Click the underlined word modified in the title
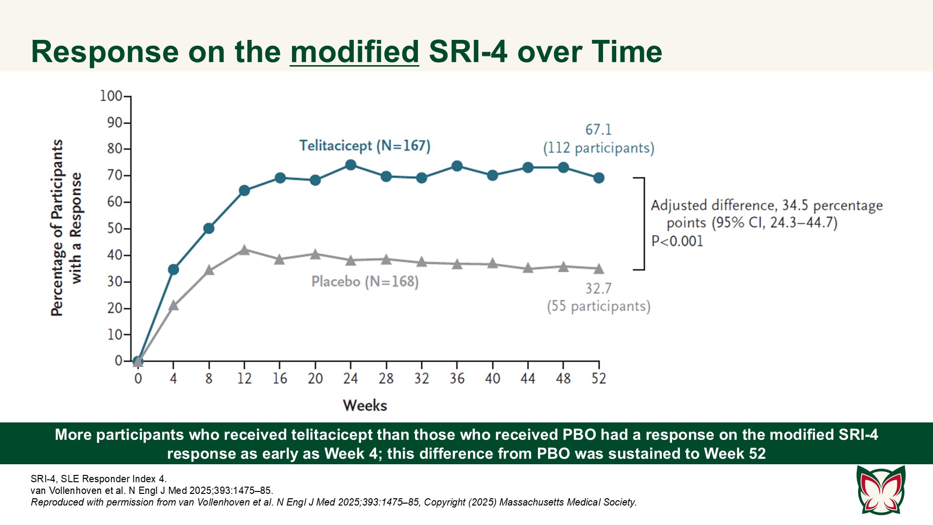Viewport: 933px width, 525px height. tap(354, 52)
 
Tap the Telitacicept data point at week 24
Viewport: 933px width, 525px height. tap(350, 165)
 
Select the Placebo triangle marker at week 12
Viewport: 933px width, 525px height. tap(244, 250)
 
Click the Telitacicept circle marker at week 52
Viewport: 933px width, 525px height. tap(599, 178)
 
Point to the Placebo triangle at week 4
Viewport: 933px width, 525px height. tap(173, 306)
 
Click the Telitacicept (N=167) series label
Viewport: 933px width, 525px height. tap(364, 146)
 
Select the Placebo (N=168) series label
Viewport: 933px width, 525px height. tap(364, 281)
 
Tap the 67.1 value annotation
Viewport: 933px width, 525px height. tap(598, 130)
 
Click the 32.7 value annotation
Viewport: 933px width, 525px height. tap(598, 289)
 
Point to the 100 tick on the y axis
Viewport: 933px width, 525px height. tap(111, 96)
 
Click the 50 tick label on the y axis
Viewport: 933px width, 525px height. tap(115, 228)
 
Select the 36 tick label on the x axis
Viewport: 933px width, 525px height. tap(457, 379)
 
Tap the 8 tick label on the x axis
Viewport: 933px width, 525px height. tap(209, 379)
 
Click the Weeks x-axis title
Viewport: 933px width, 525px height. tap(364, 405)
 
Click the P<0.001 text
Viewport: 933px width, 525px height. tap(677, 241)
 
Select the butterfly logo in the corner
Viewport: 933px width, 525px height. tap(881, 490)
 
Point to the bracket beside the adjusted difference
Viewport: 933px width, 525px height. tap(643, 224)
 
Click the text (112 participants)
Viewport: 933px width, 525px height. tap(598, 148)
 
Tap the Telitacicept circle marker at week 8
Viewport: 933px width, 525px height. tap(209, 228)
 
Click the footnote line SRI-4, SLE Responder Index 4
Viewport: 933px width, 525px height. tap(99, 479)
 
